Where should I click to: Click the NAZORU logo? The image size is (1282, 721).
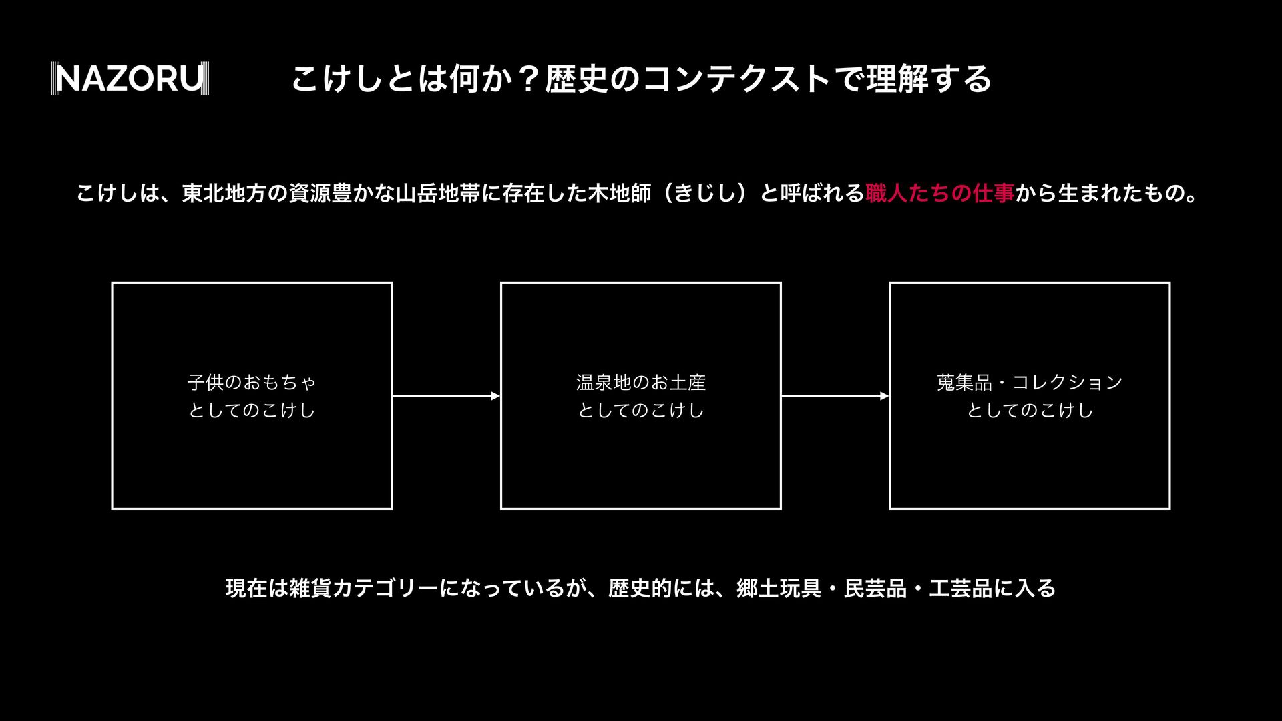(130, 79)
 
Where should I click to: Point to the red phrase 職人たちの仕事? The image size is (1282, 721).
(940, 194)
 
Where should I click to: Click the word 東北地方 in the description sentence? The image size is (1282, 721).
(224, 194)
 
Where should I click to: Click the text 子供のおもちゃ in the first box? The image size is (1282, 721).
(252, 383)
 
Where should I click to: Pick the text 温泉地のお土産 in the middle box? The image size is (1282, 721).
(641, 383)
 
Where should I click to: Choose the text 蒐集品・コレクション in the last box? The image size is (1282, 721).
(1030, 383)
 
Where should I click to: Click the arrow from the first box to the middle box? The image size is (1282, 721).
(446, 396)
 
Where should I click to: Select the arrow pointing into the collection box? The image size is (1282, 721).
(835, 396)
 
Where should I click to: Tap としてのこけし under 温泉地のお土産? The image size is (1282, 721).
(641, 410)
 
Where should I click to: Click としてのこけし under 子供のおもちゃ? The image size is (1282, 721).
(252, 410)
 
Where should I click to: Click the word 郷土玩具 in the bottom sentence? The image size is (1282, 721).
(779, 588)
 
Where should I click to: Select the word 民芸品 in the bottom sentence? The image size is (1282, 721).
(875, 588)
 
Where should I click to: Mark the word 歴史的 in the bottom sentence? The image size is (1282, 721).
(640, 588)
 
